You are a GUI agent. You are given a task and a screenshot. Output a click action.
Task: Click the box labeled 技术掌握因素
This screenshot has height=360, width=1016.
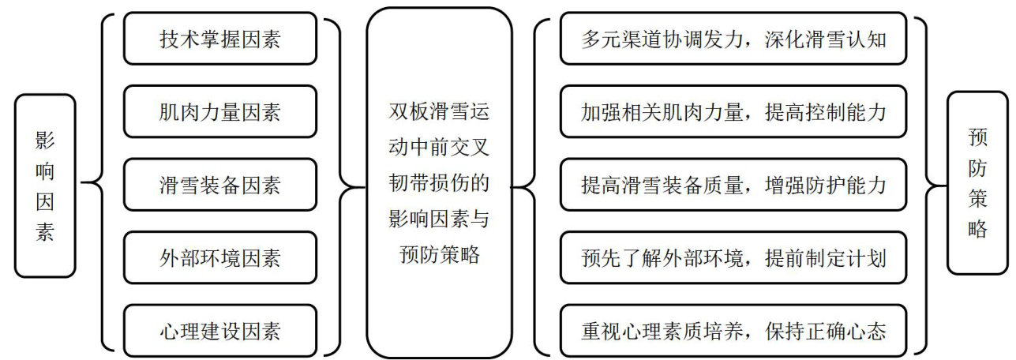click(219, 39)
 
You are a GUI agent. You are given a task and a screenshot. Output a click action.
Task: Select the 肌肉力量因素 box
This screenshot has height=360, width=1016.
click(219, 112)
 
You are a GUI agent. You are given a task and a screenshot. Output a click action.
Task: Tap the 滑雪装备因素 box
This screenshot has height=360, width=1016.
click(219, 185)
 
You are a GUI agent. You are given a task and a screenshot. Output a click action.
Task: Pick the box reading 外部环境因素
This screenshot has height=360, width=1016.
click(219, 257)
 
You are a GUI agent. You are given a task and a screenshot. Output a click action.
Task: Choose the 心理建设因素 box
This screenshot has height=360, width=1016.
click(219, 330)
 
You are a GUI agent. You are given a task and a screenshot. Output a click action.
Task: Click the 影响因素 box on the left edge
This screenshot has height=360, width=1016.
click(45, 186)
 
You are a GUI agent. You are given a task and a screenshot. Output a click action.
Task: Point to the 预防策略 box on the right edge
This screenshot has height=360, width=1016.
click(977, 183)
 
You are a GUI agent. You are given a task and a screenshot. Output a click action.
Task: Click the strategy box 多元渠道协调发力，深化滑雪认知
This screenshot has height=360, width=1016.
click(733, 39)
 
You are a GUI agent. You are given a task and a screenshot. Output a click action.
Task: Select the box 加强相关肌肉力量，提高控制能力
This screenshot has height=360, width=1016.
click(733, 112)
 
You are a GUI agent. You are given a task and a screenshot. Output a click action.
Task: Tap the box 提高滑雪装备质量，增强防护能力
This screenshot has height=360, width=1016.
click(733, 185)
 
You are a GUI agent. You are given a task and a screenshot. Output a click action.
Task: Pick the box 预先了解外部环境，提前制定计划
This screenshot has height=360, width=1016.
click(733, 257)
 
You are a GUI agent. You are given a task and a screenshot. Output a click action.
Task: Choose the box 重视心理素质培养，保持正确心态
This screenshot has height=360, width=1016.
click(733, 330)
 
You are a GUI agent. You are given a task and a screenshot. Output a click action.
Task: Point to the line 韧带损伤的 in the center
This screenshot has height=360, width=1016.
click(440, 183)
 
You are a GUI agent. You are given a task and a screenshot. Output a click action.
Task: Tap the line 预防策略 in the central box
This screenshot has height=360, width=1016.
click(440, 256)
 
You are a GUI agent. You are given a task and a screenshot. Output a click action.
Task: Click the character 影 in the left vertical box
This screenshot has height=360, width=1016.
click(45, 141)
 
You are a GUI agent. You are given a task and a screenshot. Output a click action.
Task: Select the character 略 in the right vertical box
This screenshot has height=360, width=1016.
click(977, 229)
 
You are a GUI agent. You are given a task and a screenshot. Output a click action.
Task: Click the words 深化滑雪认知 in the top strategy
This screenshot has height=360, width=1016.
click(824, 39)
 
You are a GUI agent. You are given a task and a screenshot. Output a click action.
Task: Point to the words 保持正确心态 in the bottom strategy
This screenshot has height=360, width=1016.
click(824, 330)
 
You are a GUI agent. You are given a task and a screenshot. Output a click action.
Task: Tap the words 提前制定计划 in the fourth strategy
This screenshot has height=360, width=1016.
click(824, 257)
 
